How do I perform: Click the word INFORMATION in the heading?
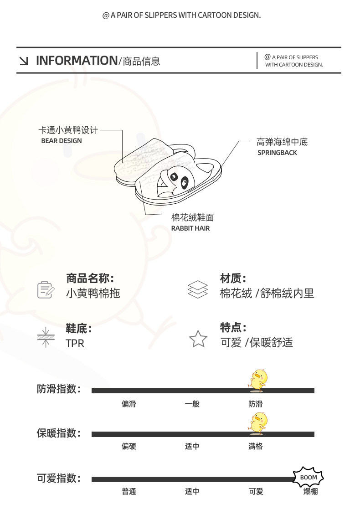[77, 61]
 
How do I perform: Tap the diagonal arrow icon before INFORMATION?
[24, 61]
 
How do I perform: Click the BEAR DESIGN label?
[62, 141]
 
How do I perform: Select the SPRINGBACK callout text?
[277, 153]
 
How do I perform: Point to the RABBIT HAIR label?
[190, 228]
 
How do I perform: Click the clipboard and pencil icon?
[46, 289]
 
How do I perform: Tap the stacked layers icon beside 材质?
[198, 289]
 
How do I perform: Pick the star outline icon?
[198, 339]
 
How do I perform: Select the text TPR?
[75, 343]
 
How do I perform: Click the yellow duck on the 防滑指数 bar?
[258, 381]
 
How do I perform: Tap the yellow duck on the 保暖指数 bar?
[258, 422]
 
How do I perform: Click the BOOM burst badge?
[309, 477]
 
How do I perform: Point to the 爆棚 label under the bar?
[310, 492]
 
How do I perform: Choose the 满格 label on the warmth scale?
[256, 447]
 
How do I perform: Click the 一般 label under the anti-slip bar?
[192, 404]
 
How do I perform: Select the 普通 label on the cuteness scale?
[129, 492]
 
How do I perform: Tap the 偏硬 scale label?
[129, 447]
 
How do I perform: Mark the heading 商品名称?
[90, 278]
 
